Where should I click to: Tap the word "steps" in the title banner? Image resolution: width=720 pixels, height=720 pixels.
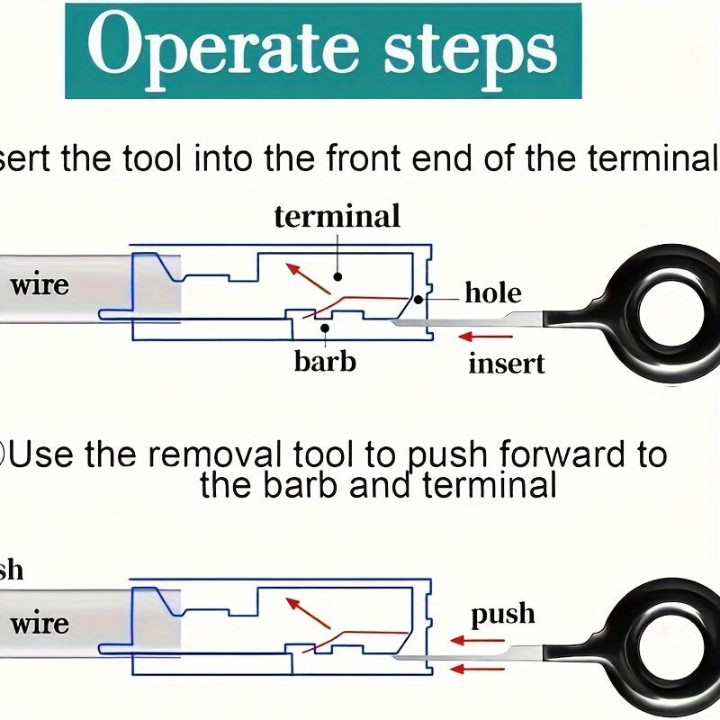pyautogui.click(x=468, y=51)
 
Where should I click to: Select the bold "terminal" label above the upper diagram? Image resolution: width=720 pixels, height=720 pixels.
pyautogui.click(x=337, y=217)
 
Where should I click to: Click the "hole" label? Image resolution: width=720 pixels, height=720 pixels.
pyautogui.click(x=493, y=292)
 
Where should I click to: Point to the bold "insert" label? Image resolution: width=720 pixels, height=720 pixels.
pyautogui.click(x=507, y=363)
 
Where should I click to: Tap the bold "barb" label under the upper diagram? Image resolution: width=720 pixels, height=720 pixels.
pyautogui.click(x=325, y=361)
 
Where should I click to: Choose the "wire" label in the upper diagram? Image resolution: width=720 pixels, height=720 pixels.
pyautogui.click(x=40, y=285)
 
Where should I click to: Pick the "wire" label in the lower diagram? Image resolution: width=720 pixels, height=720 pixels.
pyautogui.click(x=40, y=623)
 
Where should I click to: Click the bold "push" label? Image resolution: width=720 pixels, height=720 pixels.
pyautogui.click(x=503, y=615)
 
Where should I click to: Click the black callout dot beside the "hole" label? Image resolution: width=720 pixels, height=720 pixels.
pyautogui.click(x=419, y=299)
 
